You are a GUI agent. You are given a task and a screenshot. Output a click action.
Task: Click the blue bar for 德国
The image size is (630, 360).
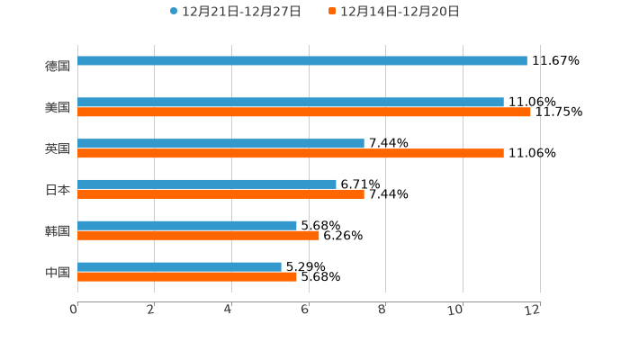[x=302, y=61]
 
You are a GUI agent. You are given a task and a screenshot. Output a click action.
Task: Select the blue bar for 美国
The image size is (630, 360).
[x=291, y=103]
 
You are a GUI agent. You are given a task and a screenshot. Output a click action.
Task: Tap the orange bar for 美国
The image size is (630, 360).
[x=304, y=112]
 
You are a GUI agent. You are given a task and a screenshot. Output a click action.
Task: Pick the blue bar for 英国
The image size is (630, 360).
[x=221, y=144]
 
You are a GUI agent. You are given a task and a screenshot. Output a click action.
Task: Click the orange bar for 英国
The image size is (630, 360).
[x=291, y=154]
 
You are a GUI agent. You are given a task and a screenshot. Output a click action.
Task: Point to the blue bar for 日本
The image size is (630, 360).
[x=207, y=184]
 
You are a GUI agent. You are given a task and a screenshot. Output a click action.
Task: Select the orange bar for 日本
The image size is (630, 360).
[x=221, y=194]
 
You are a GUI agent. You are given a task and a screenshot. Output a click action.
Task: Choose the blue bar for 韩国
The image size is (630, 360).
[x=187, y=226]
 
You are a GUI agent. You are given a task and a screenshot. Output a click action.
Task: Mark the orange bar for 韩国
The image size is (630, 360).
[x=199, y=236]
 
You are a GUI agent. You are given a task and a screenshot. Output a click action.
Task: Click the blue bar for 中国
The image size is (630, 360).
[x=180, y=267]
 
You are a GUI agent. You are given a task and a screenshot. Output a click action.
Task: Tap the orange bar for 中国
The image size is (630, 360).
[x=187, y=277]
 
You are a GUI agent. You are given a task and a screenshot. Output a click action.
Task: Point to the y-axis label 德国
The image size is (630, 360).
[x=58, y=66]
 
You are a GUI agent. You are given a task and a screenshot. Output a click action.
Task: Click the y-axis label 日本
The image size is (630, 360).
[x=58, y=190]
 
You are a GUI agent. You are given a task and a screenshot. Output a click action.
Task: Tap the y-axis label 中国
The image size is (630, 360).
[x=58, y=272]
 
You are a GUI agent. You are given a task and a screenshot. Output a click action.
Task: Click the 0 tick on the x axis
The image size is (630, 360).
[x=74, y=310]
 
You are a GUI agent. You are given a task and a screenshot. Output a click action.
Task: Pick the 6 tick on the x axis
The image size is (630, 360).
[x=305, y=310]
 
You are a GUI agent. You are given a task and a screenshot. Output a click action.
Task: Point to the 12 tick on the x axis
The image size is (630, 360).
[x=534, y=310]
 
